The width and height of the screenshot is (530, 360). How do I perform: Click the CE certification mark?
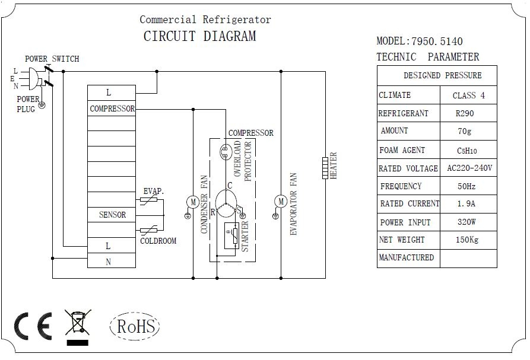tap(33, 326)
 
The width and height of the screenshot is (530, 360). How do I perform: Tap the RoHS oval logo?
tap(135, 326)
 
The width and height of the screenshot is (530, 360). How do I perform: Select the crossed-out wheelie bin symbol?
tap(78, 327)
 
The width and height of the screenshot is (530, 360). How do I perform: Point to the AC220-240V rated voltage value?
tap(469, 168)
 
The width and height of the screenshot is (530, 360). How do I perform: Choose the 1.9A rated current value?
tap(466, 203)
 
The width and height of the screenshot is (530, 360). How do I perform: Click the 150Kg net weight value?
tap(467, 240)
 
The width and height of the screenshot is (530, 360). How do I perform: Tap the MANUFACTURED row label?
tap(407, 257)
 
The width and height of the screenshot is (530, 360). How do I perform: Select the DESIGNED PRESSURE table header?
tap(442, 75)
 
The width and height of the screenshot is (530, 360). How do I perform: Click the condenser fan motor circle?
tap(193, 202)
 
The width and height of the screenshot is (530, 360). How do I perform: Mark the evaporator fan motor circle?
tap(281, 202)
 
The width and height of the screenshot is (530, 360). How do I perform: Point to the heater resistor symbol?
tap(325, 168)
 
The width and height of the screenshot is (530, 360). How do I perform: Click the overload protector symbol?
tap(225, 152)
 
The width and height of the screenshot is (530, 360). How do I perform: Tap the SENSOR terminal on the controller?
tap(112, 215)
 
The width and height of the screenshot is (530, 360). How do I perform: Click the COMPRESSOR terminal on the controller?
tap(112, 109)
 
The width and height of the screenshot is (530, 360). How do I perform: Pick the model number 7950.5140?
tap(437, 42)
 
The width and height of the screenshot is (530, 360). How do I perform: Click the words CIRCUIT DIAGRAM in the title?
tap(200, 36)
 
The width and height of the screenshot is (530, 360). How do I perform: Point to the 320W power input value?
tap(467, 222)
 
